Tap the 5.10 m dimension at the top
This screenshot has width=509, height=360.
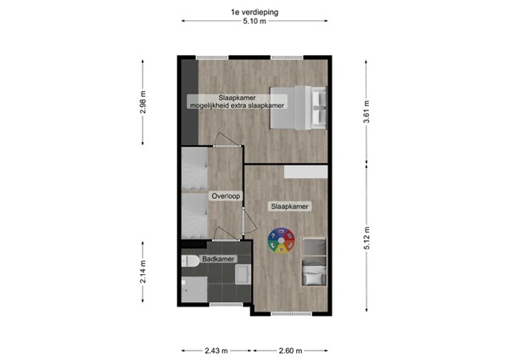click(254, 24)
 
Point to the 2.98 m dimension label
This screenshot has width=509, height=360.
click(143, 103)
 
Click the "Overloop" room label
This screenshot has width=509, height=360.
click(227, 196)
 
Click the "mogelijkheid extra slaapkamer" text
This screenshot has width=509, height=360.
click(237, 105)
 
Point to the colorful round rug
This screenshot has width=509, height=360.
click(281, 243)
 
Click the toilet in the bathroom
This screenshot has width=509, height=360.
click(188, 265)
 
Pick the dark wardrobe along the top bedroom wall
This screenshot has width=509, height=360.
click(186, 101)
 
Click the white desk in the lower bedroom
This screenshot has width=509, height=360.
click(306, 172)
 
